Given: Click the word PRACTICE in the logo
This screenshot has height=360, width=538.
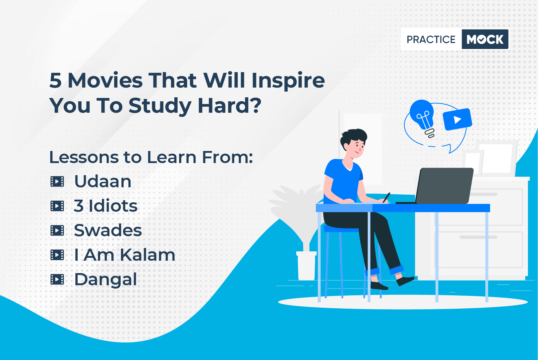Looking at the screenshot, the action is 431,39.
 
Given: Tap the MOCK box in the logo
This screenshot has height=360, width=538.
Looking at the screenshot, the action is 485,39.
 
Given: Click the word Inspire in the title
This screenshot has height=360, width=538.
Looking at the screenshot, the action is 288,81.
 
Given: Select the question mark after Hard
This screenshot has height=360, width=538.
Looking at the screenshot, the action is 256,105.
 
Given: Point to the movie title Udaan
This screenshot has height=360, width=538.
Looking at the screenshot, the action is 103,182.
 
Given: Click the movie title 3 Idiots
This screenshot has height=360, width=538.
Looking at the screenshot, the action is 106,206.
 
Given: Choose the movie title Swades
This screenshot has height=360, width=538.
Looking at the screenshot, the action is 108,230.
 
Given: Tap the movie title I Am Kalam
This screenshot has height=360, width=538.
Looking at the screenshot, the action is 125,255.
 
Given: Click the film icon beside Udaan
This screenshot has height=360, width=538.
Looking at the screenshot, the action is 57,182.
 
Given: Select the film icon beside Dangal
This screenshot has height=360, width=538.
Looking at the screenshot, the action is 57,279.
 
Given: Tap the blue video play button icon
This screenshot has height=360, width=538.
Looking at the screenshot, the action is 457,119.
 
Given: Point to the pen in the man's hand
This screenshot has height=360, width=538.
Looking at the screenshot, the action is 386,198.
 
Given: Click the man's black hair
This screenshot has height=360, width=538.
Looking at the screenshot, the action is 353,137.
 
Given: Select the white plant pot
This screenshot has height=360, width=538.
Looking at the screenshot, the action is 306,265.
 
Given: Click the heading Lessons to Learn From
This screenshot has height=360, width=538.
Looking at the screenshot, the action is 151,157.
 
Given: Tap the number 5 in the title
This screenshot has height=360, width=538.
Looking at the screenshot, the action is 56,81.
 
